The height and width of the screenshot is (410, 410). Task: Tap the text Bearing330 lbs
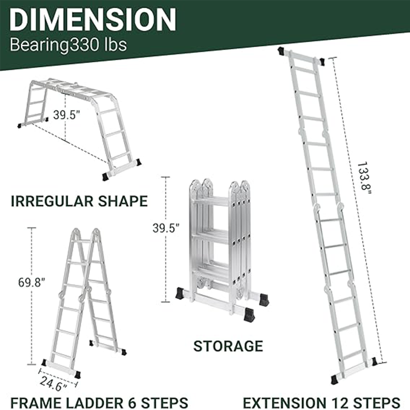pos(68,44)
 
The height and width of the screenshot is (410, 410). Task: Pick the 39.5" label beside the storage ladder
pos(166,228)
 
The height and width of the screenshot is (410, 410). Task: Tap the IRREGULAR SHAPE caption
pos(79,201)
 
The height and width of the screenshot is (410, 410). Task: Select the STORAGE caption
pos(228,346)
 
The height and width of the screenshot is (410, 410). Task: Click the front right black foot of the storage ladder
pos(249,315)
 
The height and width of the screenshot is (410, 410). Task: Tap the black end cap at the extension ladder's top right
pos(322,62)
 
